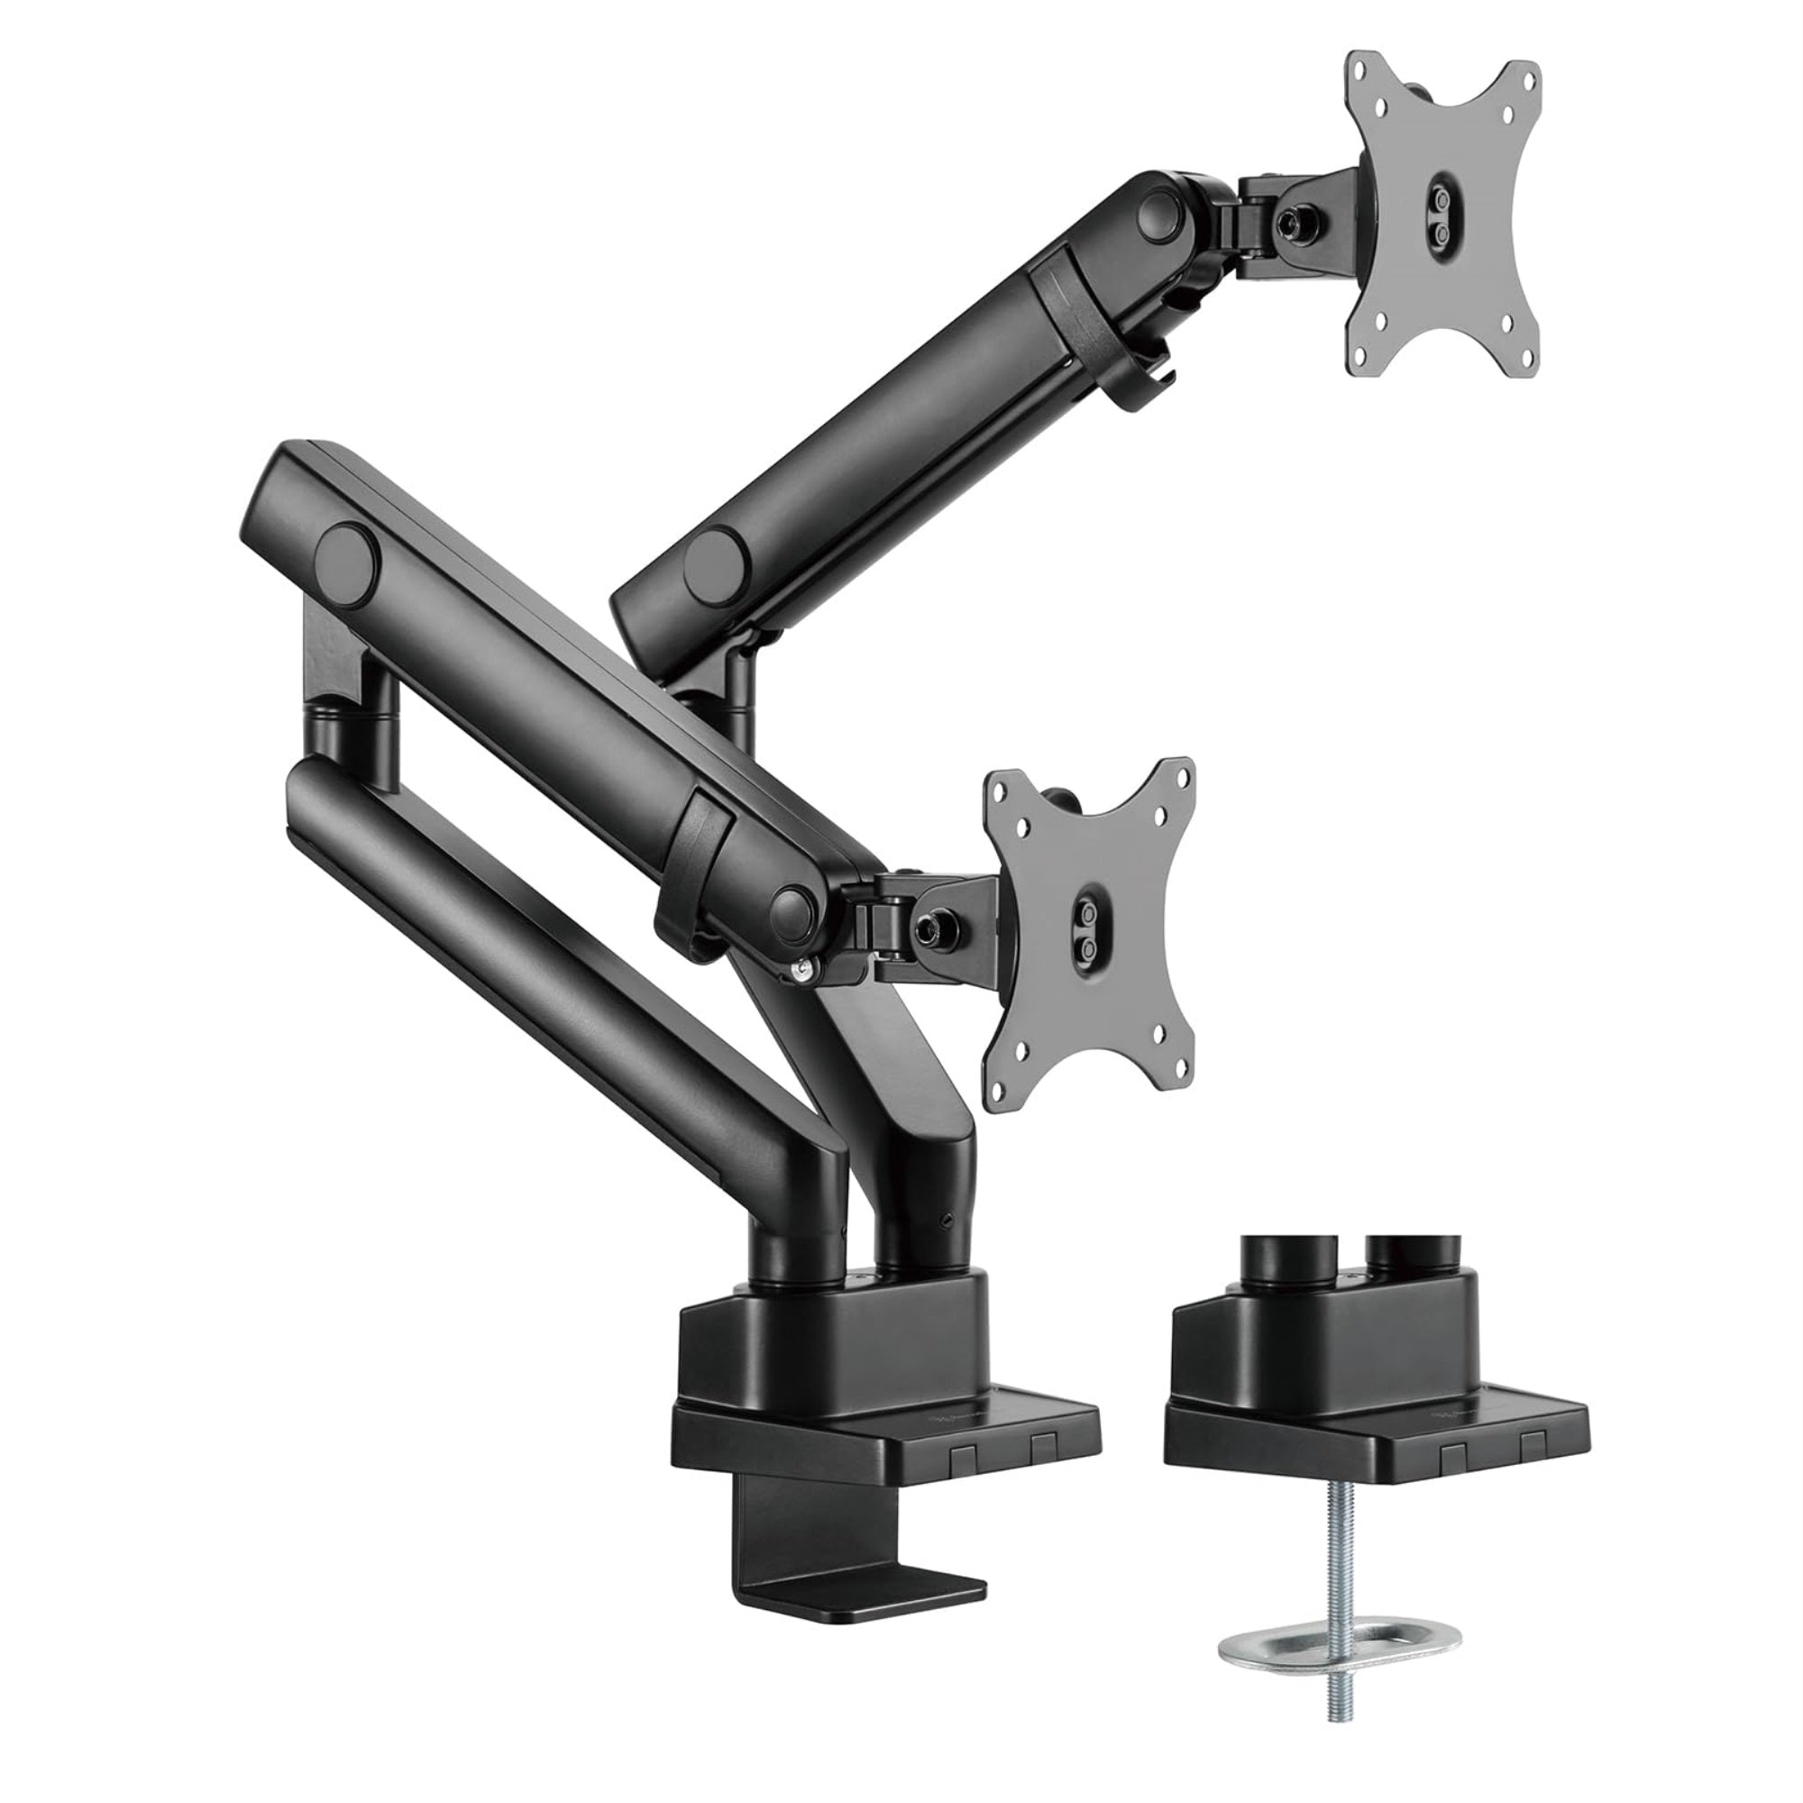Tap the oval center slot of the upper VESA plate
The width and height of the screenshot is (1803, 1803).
1441,217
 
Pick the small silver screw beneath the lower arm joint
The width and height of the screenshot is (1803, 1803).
799,972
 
